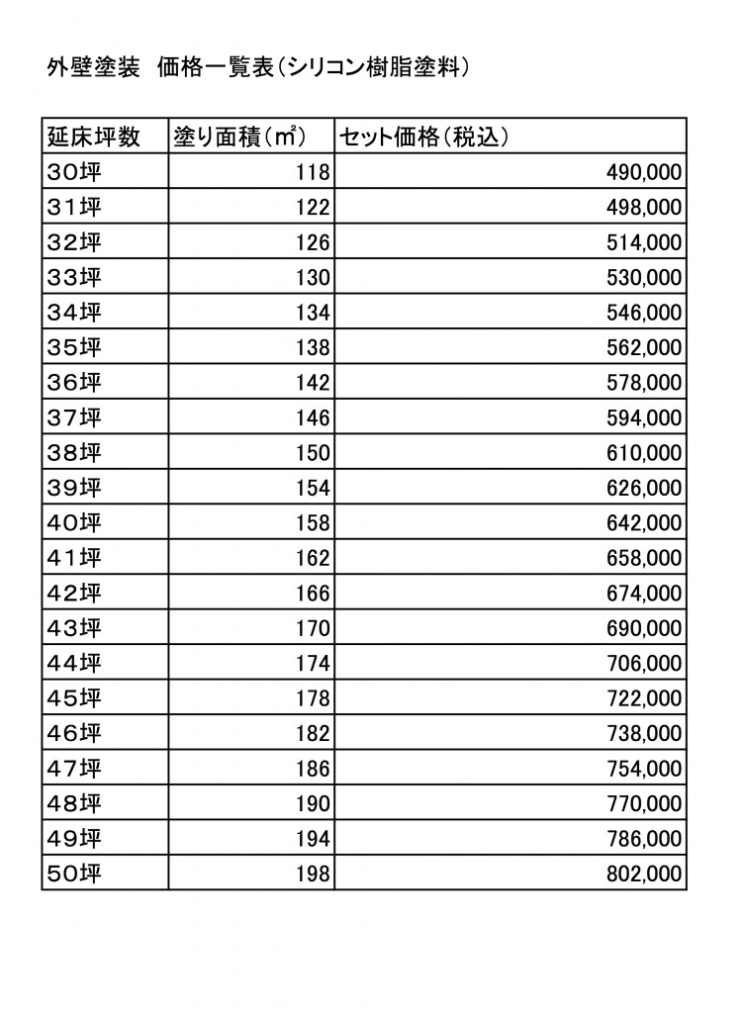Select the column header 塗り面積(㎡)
click(237, 137)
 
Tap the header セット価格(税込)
click(424, 137)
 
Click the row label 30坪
click(74, 172)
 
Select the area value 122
click(313, 208)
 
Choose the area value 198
click(313, 874)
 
